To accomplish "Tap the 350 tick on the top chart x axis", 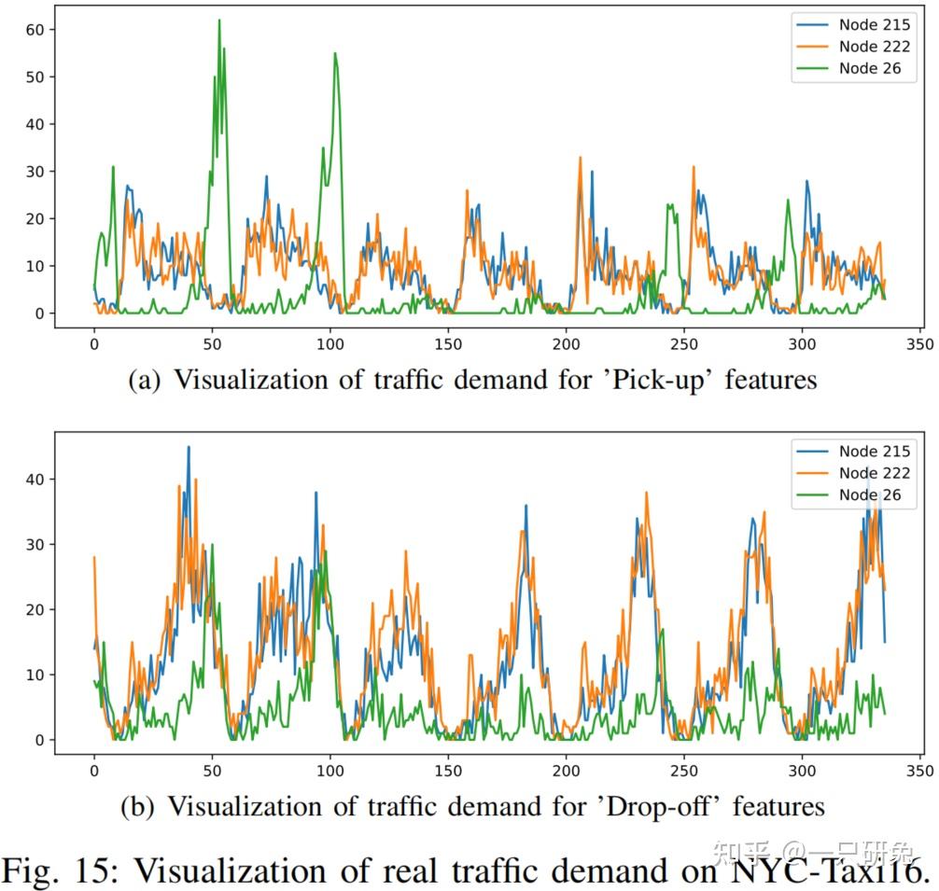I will [920, 344].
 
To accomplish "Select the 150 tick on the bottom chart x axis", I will [448, 772].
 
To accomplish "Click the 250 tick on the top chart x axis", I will [684, 344].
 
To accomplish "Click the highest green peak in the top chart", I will [219, 21].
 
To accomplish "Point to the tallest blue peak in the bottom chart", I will [189, 447].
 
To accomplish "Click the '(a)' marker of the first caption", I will [147, 380].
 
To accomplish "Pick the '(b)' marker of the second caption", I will [140, 805].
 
